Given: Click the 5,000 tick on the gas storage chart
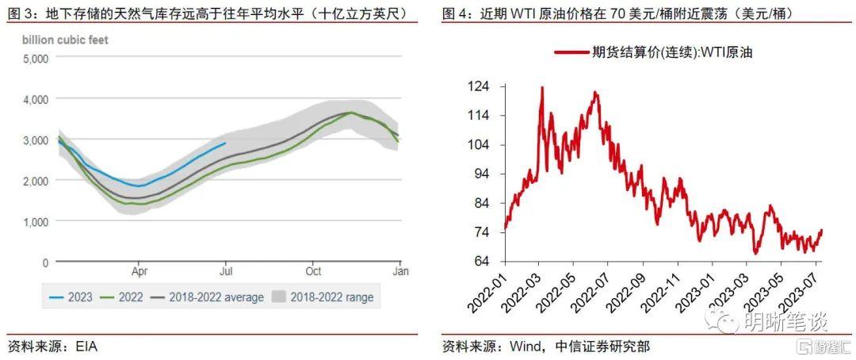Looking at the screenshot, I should (x=36, y=59).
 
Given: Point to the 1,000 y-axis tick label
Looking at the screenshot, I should (x=36, y=222).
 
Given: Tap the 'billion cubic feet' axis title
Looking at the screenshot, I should (x=65, y=39).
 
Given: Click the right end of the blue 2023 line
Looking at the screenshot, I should (x=226, y=144).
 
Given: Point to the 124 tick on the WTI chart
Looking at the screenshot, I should (x=480, y=86).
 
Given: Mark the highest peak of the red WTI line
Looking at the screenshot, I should (x=541, y=87).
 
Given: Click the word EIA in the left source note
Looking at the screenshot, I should (x=86, y=347).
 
